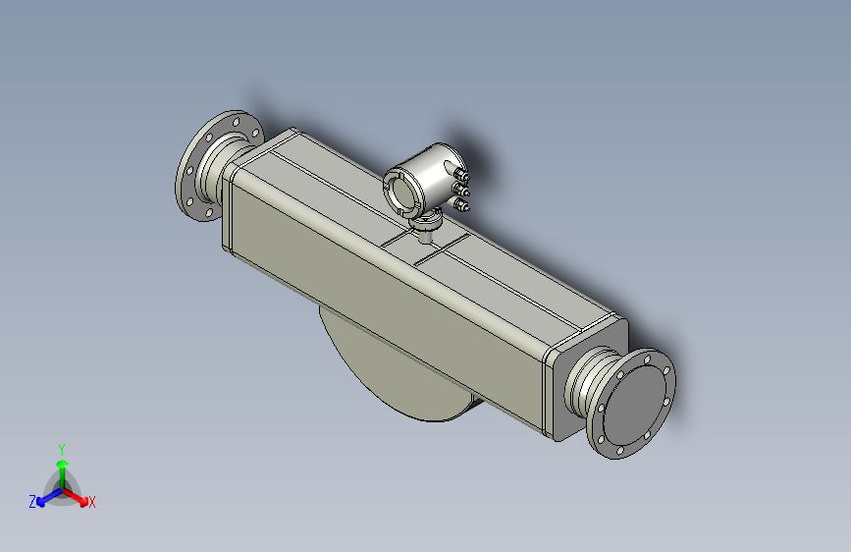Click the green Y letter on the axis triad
[x=62, y=447]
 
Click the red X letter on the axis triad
[x=92, y=502]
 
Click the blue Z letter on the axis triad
[x=32, y=501]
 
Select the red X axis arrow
[x=79, y=494]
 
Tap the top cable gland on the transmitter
[x=461, y=175]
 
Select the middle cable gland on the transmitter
[x=462, y=189]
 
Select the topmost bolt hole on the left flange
[x=237, y=118]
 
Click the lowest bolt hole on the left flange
[x=208, y=210]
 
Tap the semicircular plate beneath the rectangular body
[x=393, y=373]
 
